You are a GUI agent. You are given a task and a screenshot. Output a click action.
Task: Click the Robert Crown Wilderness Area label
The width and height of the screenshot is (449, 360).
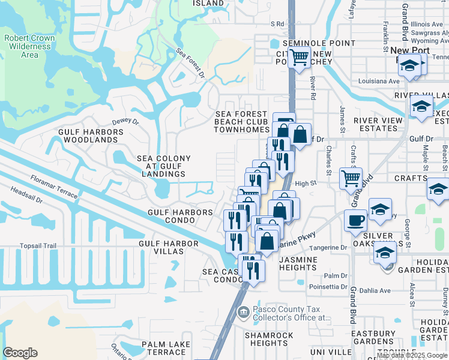[x=29, y=46]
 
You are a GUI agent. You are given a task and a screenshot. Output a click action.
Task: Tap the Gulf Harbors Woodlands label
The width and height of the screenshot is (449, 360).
[x=88, y=136]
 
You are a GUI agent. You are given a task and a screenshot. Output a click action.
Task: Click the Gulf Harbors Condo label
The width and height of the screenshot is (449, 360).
[x=181, y=216]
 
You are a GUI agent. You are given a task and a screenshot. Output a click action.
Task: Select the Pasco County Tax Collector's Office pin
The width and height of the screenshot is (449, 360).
[x=243, y=311]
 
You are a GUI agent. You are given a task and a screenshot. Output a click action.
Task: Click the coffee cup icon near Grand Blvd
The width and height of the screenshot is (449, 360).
[x=355, y=220]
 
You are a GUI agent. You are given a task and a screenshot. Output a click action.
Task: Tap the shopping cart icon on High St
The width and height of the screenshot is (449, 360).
[x=351, y=178]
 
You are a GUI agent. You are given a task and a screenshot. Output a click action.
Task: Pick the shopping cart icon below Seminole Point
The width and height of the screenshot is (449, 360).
[x=298, y=58]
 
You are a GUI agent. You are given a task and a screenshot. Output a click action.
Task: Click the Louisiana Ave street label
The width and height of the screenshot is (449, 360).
[x=379, y=81]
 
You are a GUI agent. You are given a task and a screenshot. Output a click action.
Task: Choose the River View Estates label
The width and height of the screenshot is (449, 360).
[x=378, y=124]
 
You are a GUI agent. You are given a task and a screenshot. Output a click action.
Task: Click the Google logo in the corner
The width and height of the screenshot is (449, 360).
[x=20, y=353]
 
